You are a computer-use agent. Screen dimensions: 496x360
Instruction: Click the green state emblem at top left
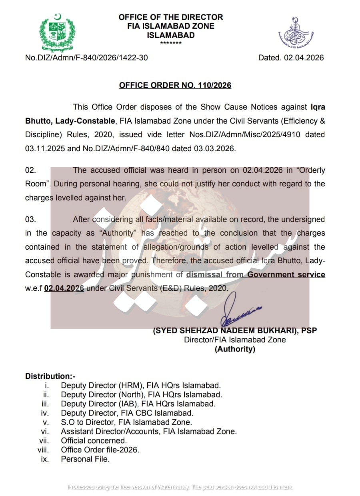point(57,32)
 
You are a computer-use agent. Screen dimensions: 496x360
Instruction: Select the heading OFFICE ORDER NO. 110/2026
point(175,85)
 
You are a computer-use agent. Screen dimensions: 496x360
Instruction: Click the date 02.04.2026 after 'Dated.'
point(304,58)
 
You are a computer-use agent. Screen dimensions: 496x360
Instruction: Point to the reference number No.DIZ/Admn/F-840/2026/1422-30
point(86,58)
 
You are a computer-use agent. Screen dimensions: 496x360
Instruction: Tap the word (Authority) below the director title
point(235,349)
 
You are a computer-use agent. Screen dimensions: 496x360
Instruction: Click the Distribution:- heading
point(50,376)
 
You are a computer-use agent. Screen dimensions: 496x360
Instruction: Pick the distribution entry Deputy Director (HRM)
point(140,386)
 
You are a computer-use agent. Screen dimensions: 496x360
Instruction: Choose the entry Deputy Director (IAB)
point(138,404)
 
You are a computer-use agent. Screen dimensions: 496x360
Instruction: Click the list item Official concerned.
point(94,441)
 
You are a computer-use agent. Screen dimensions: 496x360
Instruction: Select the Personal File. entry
point(85,459)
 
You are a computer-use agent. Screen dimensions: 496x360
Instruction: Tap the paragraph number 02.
point(30,170)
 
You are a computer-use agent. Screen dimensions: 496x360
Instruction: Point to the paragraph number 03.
point(30,219)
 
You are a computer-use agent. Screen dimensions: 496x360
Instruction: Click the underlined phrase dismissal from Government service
point(256,275)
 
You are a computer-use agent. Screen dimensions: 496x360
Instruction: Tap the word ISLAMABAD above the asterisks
point(171,35)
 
